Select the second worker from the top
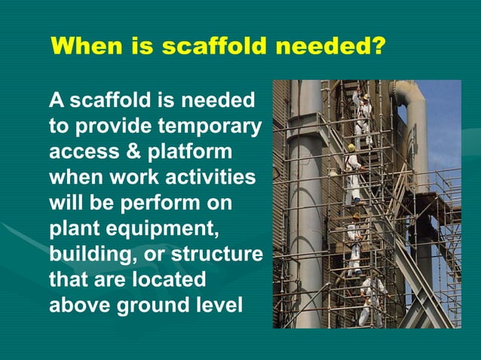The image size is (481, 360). [x=353, y=173]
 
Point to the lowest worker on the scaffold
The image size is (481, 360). [x=369, y=297]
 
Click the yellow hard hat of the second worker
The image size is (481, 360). [x=351, y=148]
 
